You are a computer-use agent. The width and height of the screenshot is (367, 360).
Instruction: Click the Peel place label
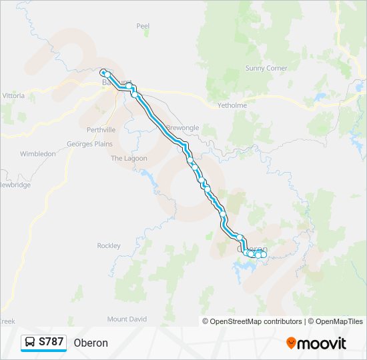(x=143, y=26)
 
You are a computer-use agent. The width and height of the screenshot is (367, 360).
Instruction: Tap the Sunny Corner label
(x=266, y=68)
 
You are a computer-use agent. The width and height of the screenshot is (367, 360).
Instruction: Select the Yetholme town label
(x=232, y=105)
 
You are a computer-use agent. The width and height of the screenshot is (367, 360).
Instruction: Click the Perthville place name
(x=101, y=129)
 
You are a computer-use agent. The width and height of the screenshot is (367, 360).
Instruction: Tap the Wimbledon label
(x=38, y=154)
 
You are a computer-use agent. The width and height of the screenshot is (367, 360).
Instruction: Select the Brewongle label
(x=182, y=127)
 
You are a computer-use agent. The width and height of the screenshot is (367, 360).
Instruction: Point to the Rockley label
(x=109, y=246)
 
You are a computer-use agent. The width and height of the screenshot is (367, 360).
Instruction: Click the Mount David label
(x=127, y=319)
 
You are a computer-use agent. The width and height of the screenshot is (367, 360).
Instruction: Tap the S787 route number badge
(x=51, y=343)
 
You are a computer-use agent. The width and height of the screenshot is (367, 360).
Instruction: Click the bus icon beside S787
(x=31, y=343)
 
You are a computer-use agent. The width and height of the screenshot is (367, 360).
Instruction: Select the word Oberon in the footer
(x=91, y=343)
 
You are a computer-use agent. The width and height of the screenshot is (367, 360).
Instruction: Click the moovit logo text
(x=322, y=343)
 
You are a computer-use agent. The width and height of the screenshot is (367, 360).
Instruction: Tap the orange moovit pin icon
(x=292, y=343)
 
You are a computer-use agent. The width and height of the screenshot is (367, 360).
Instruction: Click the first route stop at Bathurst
(x=103, y=72)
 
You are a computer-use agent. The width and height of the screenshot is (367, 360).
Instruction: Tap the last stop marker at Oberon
(x=264, y=255)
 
